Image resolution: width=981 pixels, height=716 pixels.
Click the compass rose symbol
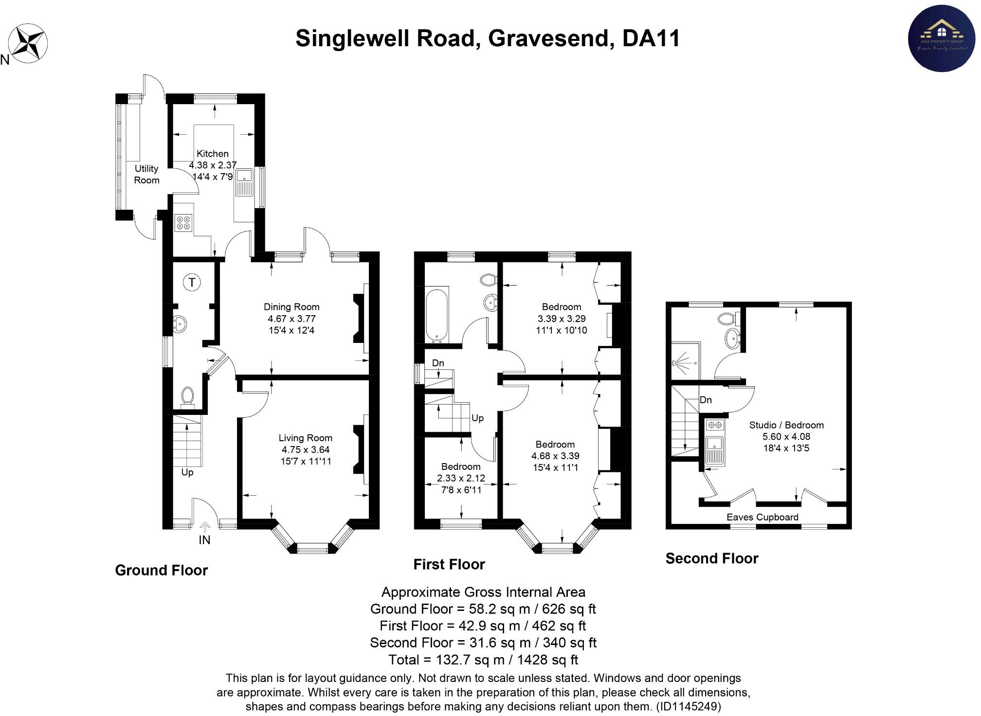coord(29,43)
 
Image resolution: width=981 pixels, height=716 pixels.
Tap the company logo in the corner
coord(942,39)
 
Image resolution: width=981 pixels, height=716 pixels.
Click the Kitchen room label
coord(212,154)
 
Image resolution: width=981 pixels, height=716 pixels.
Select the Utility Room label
coord(146,174)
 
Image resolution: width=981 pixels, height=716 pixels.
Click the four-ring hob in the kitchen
coord(184,223)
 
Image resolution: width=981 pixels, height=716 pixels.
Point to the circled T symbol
coord(192,282)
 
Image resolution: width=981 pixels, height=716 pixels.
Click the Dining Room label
coord(291,307)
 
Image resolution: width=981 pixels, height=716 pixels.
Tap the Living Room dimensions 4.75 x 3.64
coord(305,449)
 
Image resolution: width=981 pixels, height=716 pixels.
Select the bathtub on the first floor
coord(437,314)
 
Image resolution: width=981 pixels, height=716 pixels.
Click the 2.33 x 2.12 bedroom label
coord(461,478)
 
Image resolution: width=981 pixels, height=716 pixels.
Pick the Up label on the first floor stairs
coord(477,418)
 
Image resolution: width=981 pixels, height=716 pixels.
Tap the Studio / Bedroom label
coord(786,425)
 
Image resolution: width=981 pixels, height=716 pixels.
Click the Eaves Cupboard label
coord(762,517)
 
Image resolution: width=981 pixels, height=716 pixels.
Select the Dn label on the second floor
coord(706,400)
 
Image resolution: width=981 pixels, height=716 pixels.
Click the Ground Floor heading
coord(161,570)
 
